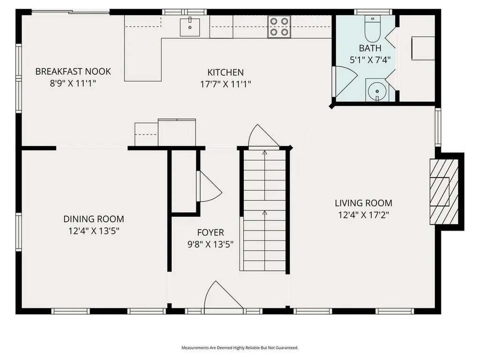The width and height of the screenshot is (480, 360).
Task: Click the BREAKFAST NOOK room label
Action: tap(73, 72)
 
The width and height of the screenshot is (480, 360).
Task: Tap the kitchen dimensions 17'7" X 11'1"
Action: tap(225, 84)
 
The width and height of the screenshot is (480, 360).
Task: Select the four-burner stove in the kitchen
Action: tap(279, 27)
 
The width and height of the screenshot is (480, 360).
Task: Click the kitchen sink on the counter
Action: tap(190, 26)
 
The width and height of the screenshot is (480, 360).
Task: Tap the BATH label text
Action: tap(370, 48)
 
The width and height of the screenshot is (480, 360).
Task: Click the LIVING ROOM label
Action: tap(363, 203)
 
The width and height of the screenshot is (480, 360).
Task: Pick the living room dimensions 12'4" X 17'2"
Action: tap(363, 215)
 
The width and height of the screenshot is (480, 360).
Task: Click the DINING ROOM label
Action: tap(94, 219)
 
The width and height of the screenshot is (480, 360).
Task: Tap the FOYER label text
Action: tap(210, 232)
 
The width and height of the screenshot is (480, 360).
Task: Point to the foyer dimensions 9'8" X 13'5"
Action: tap(210, 244)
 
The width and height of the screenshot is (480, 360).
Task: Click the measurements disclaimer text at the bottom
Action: tap(240, 348)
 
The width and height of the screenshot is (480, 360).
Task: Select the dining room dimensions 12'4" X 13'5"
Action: tap(94, 231)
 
